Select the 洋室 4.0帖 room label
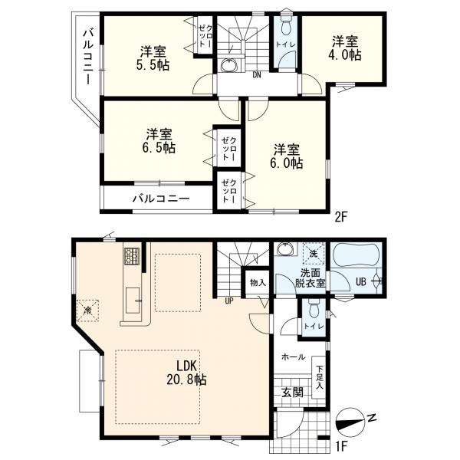click(346, 48)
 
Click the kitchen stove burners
click(130, 255)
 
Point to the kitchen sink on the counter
click(131, 297)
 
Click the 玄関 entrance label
click(291, 393)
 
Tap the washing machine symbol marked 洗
click(312, 254)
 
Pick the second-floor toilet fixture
click(284, 28)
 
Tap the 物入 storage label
click(257, 282)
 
